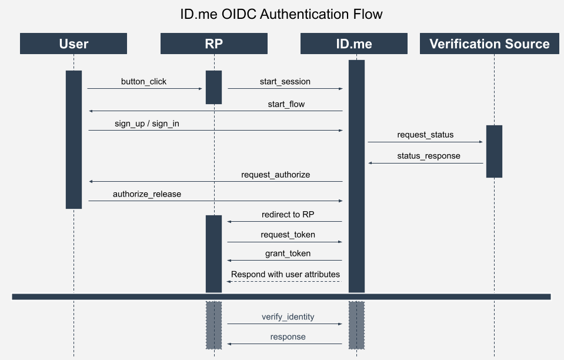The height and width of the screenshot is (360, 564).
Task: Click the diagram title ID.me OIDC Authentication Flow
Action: point(282,14)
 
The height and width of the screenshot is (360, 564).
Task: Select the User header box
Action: point(74,44)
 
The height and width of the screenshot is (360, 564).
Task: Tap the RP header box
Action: point(213,44)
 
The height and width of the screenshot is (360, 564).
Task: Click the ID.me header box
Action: point(354,44)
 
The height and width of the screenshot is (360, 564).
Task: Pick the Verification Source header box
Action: point(489,44)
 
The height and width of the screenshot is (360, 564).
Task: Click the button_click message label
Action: point(143,82)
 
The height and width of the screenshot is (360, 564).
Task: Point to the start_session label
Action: point(285,82)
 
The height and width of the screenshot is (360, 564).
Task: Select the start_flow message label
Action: point(286,104)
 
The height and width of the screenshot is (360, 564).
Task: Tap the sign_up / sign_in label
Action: point(147,124)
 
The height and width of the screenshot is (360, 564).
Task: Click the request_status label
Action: point(425,135)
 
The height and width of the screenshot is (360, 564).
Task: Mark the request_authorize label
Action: point(275,175)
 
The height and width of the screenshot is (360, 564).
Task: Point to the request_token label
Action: point(288,235)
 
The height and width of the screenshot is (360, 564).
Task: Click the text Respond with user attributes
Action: point(285,274)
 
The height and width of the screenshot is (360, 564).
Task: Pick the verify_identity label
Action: point(288,316)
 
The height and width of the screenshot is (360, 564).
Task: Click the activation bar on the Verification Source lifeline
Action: point(494,151)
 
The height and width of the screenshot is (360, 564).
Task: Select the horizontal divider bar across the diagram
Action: point(282,297)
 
